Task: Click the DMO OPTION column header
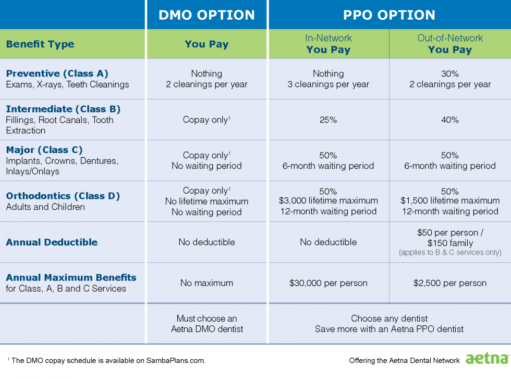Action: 207,15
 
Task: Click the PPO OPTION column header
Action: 389,15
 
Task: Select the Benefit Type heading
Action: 40,44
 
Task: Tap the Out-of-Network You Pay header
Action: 450,44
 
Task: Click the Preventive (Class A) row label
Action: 57,73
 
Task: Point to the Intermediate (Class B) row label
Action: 63,109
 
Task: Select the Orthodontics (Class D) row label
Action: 63,196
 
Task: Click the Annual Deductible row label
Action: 52,242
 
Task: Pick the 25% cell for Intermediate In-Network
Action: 328,120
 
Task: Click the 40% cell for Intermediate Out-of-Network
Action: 450,120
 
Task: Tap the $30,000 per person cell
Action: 328,283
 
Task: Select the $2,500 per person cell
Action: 450,283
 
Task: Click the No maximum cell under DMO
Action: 206,283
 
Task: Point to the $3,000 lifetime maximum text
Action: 328,201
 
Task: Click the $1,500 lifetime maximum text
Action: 450,201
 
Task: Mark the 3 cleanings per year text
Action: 328,84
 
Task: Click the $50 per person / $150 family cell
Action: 450,238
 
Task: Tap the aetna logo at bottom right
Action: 486,359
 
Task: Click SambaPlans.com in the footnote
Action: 175,360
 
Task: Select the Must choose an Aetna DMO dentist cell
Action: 207,323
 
